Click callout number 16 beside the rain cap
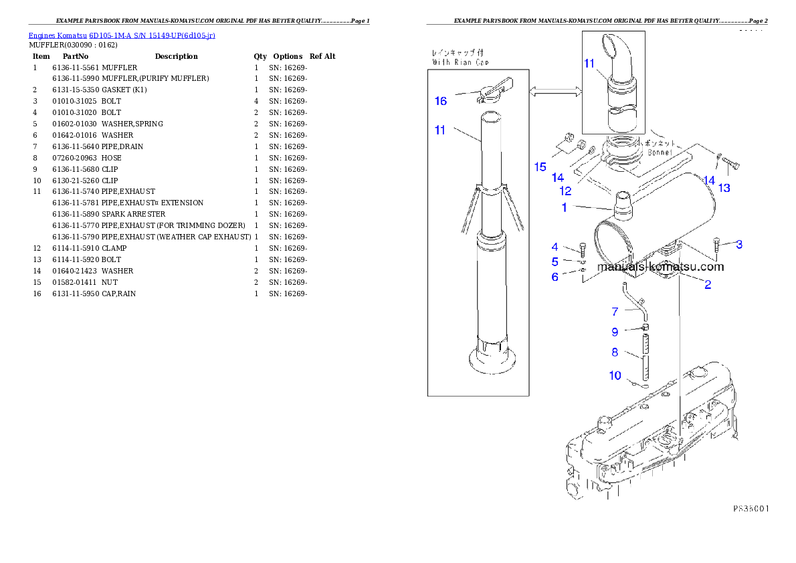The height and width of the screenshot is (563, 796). [440, 101]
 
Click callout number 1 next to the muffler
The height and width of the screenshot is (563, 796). [564, 208]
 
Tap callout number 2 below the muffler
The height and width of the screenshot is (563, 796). [708, 285]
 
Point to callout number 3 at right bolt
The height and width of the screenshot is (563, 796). [738, 245]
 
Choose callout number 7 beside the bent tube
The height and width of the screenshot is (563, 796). [615, 311]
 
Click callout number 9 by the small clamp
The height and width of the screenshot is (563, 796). [615, 331]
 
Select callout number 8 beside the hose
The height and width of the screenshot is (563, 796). [615, 352]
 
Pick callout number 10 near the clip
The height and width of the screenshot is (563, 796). [615, 376]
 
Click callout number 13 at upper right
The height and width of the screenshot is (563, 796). [724, 189]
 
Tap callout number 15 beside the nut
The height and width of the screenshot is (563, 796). [540, 167]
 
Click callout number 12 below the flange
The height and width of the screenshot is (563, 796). [565, 191]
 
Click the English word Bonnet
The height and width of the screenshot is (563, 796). [660, 152]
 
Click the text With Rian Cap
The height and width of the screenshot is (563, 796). [461, 62]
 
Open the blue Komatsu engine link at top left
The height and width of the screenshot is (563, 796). [121, 35]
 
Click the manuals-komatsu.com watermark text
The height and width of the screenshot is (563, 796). [660, 267]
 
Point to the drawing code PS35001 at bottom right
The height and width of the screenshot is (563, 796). [750, 508]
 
